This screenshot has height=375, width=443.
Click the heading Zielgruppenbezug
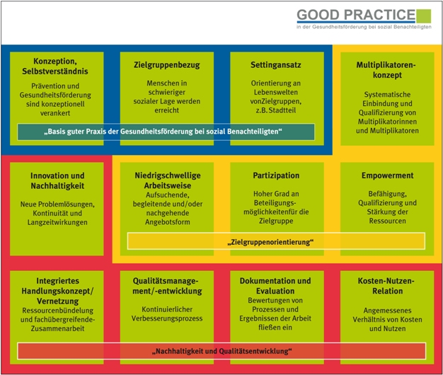(166, 65)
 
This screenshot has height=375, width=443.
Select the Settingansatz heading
(277, 65)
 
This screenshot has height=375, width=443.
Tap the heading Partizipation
(277, 175)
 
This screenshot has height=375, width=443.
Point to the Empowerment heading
(386, 175)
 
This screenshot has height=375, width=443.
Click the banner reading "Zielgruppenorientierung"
(276, 241)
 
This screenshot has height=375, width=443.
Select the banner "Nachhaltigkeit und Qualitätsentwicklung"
(221, 351)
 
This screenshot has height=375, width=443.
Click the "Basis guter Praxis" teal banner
(166, 132)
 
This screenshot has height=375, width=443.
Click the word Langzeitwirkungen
(57, 223)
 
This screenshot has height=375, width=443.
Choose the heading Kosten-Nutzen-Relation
(386, 286)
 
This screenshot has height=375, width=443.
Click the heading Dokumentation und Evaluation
(276, 286)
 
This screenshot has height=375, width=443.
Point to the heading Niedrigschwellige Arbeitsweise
(166, 180)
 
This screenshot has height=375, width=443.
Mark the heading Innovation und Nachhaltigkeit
(57, 180)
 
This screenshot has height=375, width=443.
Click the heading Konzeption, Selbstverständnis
(57, 65)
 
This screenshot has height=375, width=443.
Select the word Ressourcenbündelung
(57, 309)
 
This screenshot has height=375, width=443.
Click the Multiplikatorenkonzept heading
(386, 69)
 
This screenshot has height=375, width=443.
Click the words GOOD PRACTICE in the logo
(355, 13)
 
